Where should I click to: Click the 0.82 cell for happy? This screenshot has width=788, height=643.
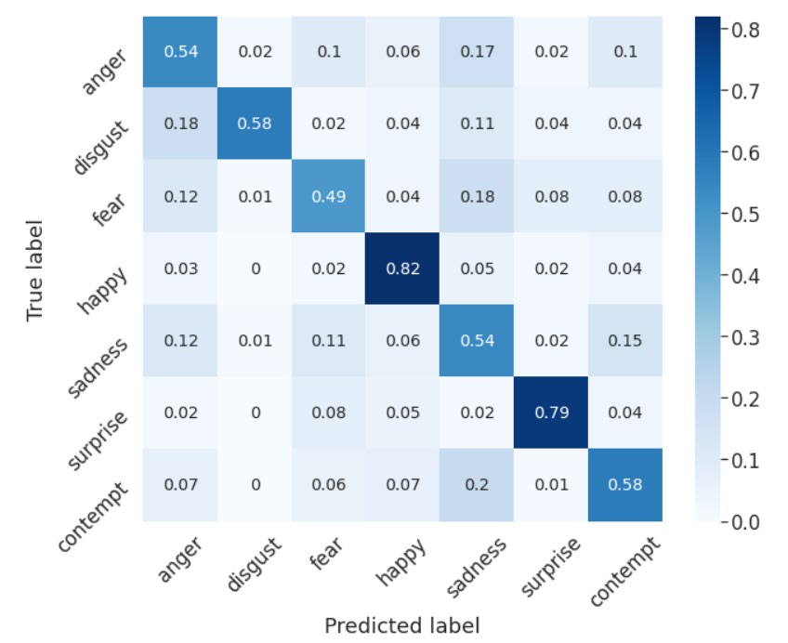tap(403, 269)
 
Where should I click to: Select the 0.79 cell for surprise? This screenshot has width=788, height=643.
tap(551, 413)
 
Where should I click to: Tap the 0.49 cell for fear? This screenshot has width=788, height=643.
tap(329, 197)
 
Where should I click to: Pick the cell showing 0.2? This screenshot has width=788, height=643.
tap(477, 484)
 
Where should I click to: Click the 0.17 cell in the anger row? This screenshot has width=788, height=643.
tap(477, 52)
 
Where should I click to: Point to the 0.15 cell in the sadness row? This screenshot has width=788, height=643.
tap(625, 341)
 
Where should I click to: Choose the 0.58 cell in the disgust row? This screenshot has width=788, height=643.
tap(256, 125)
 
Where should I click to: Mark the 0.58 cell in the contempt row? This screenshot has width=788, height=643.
tap(625, 484)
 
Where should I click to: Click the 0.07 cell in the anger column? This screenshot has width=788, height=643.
tap(181, 484)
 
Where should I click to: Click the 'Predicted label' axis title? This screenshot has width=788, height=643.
tap(402, 625)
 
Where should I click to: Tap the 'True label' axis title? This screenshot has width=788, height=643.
tap(35, 269)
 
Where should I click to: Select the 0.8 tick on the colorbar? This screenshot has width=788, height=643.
tap(746, 31)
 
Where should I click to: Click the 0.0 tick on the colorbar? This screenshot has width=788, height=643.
tap(746, 522)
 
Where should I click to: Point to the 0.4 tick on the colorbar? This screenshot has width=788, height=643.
tap(746, 277)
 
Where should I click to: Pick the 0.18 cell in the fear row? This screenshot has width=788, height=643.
tap(477, 197)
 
